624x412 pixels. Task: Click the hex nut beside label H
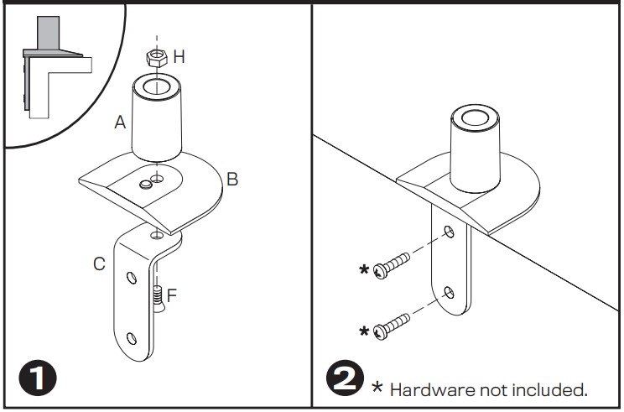tap(156, 58)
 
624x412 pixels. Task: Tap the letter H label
tap(179, 57)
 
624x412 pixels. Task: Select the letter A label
tap(120, 122)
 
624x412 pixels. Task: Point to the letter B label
tap(232, 179)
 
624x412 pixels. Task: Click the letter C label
tap(99, 264)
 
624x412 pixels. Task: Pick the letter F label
tap(172, 295)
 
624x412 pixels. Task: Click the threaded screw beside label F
tap(158, 299)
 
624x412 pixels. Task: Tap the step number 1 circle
tap(38, 378)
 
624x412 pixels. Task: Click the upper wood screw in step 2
tap(392, 265)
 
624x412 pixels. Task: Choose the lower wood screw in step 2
tap(392, 326)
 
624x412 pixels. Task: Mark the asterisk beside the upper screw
tap(364, 269)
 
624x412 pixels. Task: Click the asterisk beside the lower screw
tap(364, 331)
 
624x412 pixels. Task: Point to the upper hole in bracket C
tap(132, 278)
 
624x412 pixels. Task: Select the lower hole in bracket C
tap(132, 339)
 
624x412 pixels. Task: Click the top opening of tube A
tap(156, 86)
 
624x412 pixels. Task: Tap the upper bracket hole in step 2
tap(449, 232)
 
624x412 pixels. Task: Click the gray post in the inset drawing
tap(49, 33)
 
